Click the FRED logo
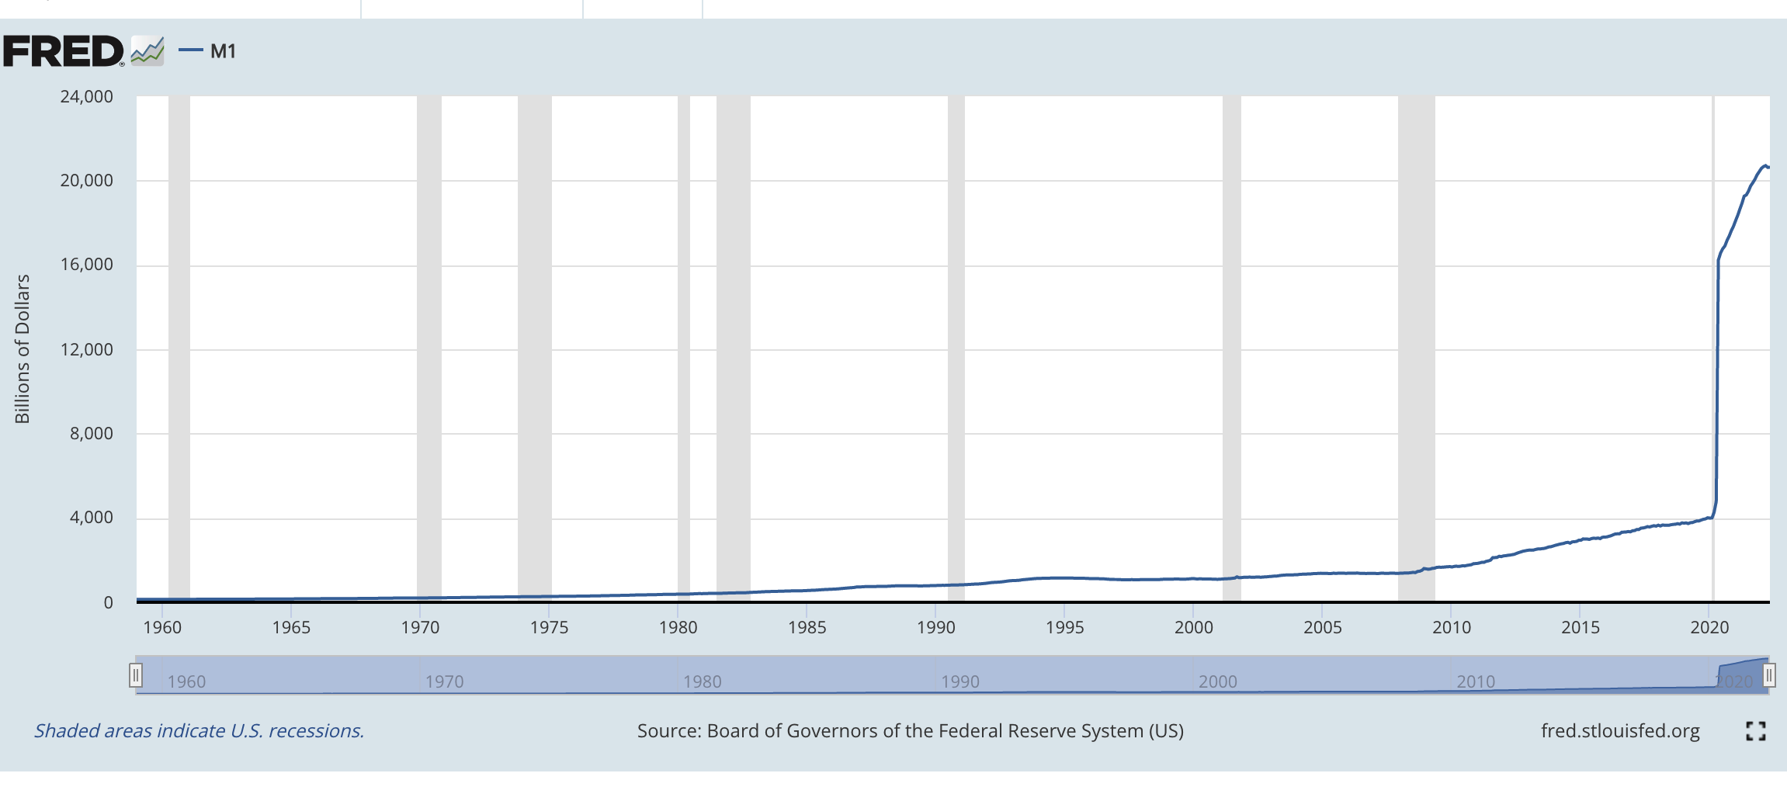tap(64, 51)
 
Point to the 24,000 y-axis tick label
tap(86, 97)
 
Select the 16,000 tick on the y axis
tap(86, 265)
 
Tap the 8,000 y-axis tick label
tap(91, 433)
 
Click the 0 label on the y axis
tap(108, 602)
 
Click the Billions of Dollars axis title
tap(23, 348)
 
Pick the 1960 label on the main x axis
tap(162, 627)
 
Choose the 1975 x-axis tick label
tap(549, 627)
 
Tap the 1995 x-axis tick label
tap(1064, 627)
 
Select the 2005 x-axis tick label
tap(1322, 627)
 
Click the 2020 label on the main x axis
tap(1709, 627)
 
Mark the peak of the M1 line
tap(1764, 165)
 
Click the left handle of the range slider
tap(136, 675)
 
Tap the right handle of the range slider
tap(1769, 675)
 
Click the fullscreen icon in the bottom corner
tap(1755, 731)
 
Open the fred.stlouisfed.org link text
tap(1620, 731)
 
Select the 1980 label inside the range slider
tap(702, 681)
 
